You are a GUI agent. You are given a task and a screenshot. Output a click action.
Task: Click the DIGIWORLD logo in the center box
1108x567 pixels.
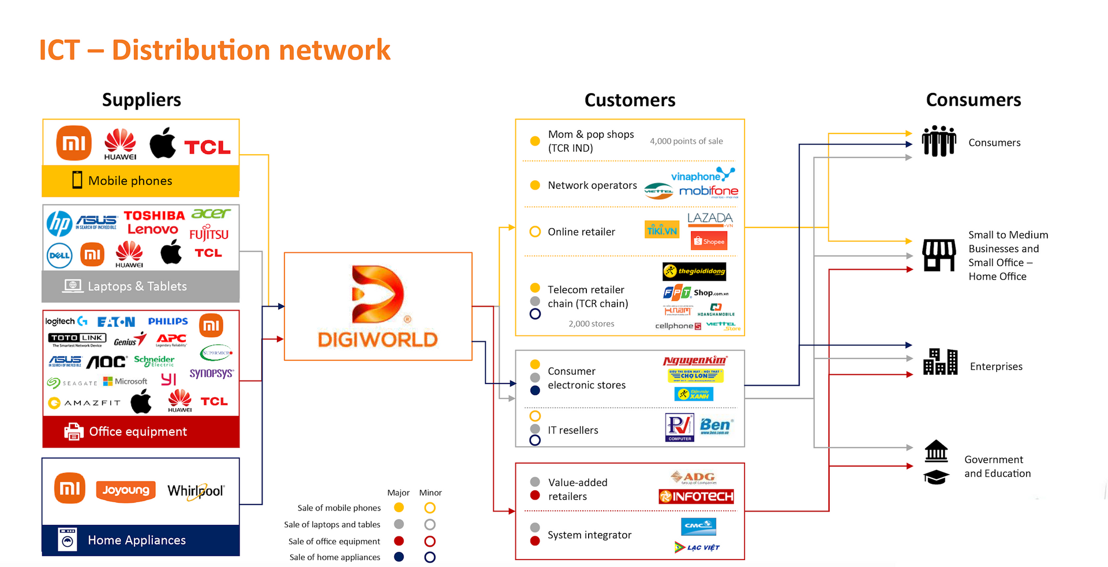click(378, 306)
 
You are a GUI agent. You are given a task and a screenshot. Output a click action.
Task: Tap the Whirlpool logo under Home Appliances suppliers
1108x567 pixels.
click(196, 491)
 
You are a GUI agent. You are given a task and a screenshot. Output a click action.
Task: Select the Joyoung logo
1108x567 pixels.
click(126, 490)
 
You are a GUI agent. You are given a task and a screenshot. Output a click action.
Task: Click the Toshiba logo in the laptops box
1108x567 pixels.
click(154, 215)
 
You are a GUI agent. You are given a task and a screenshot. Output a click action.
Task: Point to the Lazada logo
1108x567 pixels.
click(710, 219)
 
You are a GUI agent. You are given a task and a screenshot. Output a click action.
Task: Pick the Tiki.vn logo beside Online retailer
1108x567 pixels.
click(661, 230)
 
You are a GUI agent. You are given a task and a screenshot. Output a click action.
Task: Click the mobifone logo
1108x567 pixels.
click(708, 191)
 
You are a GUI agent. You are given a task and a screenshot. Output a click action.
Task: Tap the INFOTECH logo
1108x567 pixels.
click(696, 497)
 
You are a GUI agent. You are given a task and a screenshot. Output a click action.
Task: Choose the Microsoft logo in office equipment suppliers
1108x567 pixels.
click(125, 381)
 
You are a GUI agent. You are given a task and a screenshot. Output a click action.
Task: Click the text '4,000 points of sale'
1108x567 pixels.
click(686, 141)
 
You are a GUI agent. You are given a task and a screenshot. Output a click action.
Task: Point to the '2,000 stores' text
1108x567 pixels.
click(591, 324)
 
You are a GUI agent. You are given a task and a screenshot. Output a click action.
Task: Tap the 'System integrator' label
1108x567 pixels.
click(589, 535)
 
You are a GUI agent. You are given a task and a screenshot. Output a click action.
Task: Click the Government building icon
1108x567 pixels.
click(936, 451)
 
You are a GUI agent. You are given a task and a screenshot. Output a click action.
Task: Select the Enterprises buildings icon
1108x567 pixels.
click(940, 362)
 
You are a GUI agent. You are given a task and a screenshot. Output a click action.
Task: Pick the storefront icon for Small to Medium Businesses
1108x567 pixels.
click(939, 255)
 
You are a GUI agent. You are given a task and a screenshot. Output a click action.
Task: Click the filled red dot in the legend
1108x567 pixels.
click(399, 541)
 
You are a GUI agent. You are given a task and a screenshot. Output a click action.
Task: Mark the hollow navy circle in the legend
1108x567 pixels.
click(430, 557)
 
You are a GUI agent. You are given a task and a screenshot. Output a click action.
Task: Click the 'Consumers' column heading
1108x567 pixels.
click(973, 100)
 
